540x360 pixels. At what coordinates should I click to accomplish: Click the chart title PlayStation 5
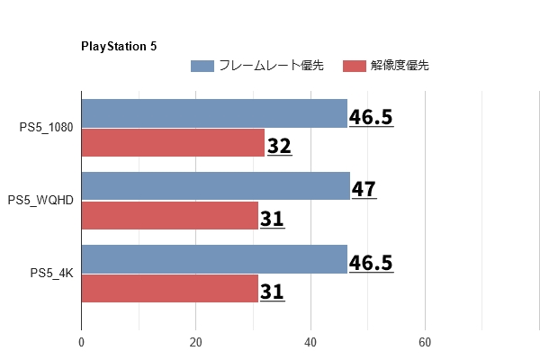(x=119, y=46)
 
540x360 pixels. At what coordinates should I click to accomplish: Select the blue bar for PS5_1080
(x=214, y=113)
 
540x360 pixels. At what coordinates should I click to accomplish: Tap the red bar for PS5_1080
(x=173, y=143)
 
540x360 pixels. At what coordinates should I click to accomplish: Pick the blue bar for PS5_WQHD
(x=215, y=186)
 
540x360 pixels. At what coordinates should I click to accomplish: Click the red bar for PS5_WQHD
(x=170, y=216)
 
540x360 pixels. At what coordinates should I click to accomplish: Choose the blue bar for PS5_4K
(x=214, y=259)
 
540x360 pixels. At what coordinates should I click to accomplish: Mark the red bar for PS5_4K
(x=170, y=288)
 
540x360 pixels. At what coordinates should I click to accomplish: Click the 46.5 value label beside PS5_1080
(x=371, y=117)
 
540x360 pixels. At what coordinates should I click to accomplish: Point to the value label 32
(x=279, y=145)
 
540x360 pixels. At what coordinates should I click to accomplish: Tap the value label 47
(x=364, y=189)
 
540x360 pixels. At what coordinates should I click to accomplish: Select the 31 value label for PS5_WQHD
(x=272, y=218)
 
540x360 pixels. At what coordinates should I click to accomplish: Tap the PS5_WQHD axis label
(x=40, y=201)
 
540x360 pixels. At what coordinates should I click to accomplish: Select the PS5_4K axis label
(x=51, y=274)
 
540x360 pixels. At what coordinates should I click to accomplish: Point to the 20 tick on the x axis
(x=195, y=342)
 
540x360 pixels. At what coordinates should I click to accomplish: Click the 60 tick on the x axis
(x=425, y=342)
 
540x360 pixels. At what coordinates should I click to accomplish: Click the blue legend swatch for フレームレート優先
(x=202, y=66)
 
